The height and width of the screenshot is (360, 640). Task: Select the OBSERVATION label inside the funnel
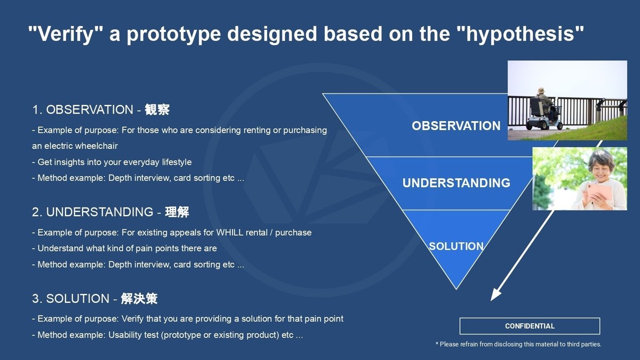456,126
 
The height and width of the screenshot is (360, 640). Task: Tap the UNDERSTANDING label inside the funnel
456,183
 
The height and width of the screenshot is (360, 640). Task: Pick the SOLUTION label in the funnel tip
456,246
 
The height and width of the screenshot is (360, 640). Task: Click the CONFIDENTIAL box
530,326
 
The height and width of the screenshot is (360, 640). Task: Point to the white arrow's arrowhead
495,295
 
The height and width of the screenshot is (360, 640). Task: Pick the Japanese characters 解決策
139,299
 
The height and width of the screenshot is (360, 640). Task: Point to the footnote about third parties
518,345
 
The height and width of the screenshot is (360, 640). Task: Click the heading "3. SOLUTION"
70,299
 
